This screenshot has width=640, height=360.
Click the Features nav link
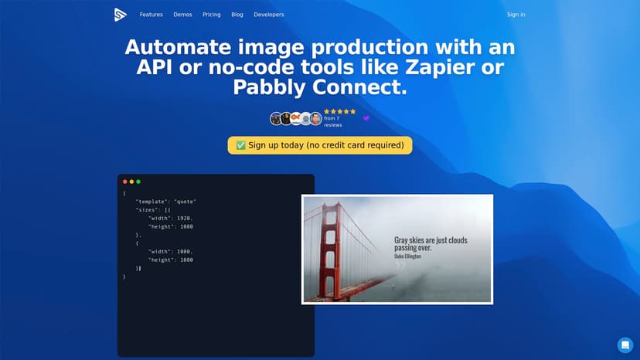point(151,15)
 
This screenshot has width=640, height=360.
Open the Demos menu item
point(182,15)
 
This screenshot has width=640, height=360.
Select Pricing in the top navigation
point(212,15)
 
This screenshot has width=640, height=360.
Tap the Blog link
point(237,15)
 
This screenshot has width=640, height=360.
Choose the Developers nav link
point(268,15)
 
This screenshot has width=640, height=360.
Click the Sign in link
point(516,15)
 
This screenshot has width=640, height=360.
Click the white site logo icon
point(120,15)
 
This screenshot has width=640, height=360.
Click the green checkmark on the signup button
point(241,145)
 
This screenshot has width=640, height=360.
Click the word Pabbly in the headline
point(269,87)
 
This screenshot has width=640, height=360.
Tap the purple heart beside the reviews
point(366,118)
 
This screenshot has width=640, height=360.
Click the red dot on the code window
point(125,182)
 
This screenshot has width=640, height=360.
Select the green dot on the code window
point(138,182)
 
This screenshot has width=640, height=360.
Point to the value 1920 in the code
point(184,219)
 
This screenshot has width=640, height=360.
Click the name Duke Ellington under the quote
point(407,256)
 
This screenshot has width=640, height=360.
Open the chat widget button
point(625,345)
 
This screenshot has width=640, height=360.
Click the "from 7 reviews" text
point(332,121)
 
